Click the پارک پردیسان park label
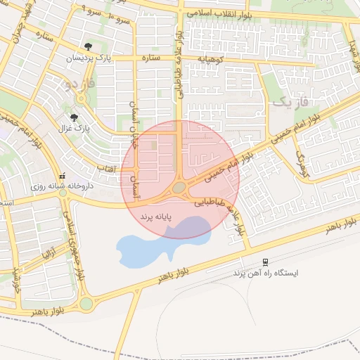[89, 59]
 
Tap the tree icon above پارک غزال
[75, 117]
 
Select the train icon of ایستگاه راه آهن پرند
[265, 261]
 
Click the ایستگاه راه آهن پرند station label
[266, 272]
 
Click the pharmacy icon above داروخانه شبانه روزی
[63, 176]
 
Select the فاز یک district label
[289, 103]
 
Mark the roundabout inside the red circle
[179, 188]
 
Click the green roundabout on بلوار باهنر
[86, 304]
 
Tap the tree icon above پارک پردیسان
[89, 47]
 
